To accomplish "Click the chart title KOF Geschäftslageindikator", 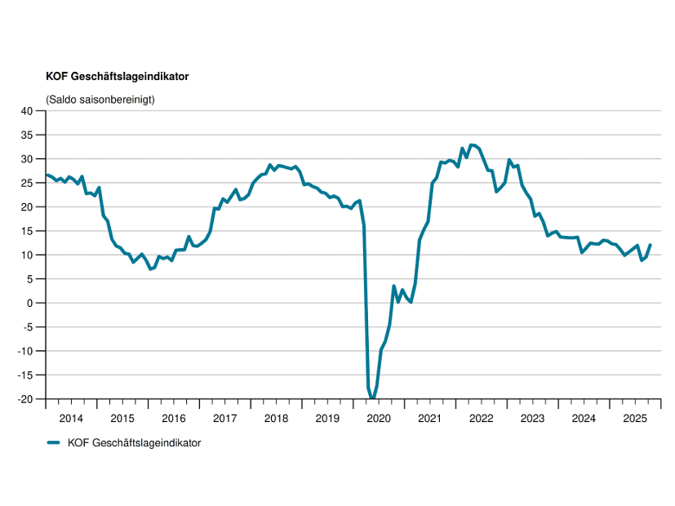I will pos(118,77).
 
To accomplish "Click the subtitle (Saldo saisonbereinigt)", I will pos(100,100).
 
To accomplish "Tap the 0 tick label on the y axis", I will pos(36,303).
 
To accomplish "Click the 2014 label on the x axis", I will pos(71,419).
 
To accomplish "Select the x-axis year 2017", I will pos(225,419).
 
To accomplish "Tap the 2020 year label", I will pos(379,419).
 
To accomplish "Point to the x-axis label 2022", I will pos(482,419).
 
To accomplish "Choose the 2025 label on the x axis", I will pos(635,419).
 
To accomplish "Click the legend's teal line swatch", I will pos(54,442).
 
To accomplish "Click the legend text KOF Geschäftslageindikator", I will pos(134,442).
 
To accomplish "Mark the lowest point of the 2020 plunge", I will pos(372,398).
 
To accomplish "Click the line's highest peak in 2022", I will pos(473,144).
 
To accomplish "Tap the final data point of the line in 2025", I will pos(651,245).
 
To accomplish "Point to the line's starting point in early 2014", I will pos(47,175).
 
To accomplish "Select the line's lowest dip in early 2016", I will pos(150,269).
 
